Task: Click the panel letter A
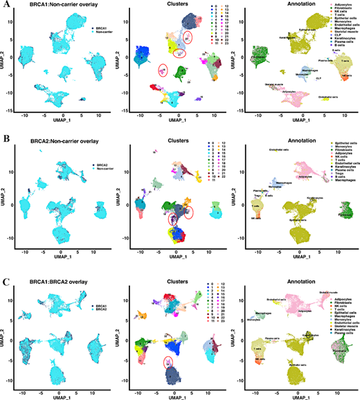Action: click(5, 5)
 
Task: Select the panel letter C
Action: click(5, 271)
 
